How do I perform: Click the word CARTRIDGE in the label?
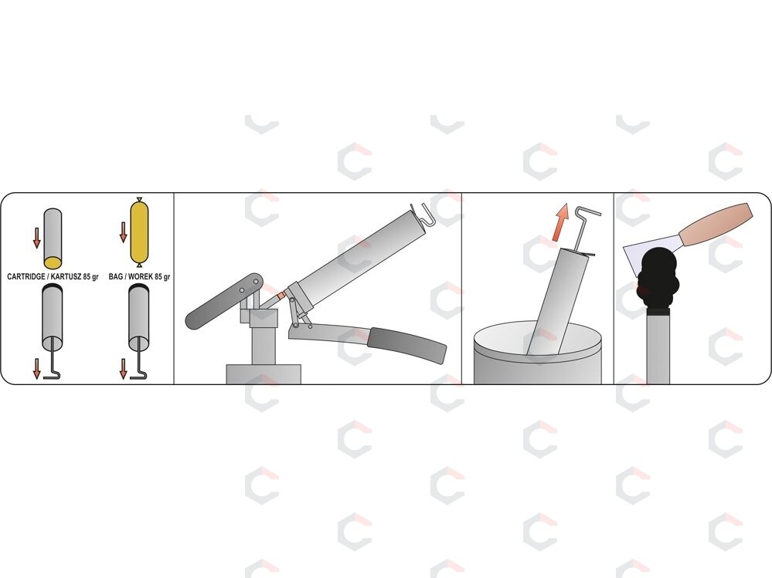[x=26, y=277]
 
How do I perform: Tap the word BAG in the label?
[x=116, y=277]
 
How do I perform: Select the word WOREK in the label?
[x=141, y=277]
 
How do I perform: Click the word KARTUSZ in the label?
[x=66, y=277]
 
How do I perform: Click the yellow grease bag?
[x=139, y=232]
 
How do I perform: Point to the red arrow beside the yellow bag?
[x=124, y=232]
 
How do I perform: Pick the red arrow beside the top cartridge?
[x=36, y=238]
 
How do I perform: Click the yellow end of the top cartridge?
[x=53, y=262]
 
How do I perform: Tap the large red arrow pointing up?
[x=559, y=223]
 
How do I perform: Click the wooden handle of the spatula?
[x=716, y=225]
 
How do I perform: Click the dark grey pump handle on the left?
[x=224, y=301]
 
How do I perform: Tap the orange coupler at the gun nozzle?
[x=281, y=296]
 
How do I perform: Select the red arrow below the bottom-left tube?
[x=36, y=369]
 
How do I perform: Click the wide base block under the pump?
[x=264, y=374]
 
